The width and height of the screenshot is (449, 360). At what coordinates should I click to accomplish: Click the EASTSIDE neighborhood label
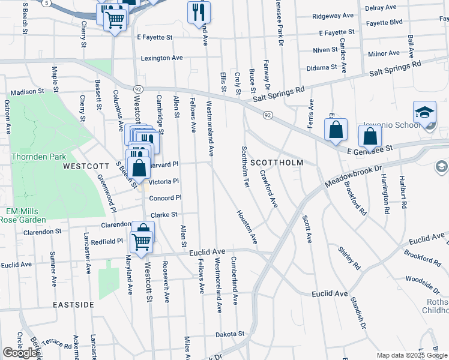point(73,305)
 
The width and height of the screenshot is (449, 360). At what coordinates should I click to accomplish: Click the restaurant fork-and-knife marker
point(199,12)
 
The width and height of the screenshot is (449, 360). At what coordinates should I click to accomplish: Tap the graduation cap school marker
point(424,112)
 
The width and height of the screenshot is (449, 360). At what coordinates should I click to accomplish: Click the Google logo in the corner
point(20,353)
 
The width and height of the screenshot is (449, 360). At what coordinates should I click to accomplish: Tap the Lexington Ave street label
point(161,58)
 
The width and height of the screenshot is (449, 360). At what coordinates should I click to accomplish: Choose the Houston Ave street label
point(247,227)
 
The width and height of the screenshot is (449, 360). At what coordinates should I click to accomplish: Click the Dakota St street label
point(231,334)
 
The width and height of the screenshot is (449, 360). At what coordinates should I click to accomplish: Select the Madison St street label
point(28,92)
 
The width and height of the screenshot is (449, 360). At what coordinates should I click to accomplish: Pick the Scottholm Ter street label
point(245,166)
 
